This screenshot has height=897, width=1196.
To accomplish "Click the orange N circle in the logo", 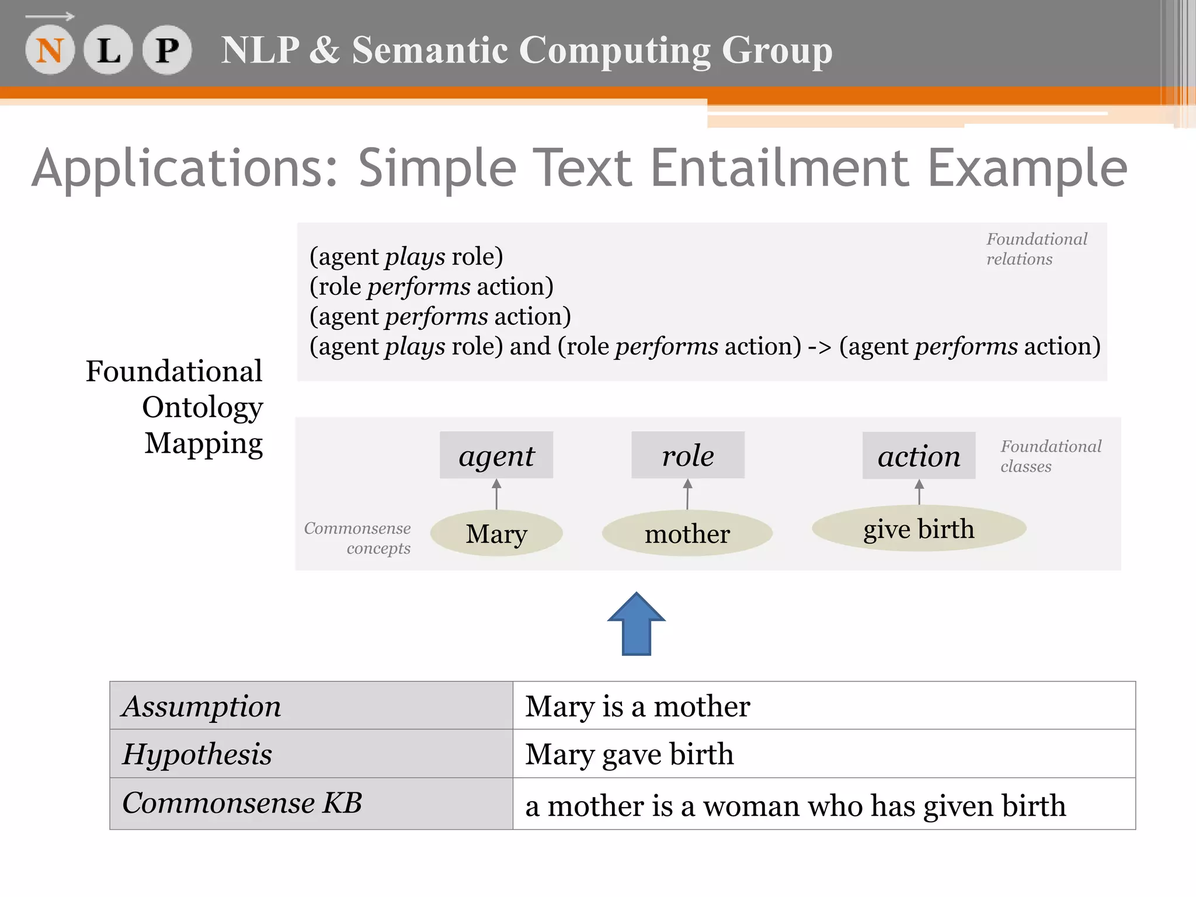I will [x=50, y=50].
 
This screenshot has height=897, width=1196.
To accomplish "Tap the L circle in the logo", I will [x=109, y=50].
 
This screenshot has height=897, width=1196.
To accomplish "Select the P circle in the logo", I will [x=167, y=50].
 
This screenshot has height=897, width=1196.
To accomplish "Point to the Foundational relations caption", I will [x=1037, y=249].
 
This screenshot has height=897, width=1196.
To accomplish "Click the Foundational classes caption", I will [x=1051, y=456].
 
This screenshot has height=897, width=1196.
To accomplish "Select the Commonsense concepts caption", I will [x=357, y=538].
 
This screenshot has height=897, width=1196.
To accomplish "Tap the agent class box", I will [x=496, y=456].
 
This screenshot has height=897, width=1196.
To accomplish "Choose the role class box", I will [x=688, y=456].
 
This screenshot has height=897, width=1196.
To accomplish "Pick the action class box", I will [x=919, y=456].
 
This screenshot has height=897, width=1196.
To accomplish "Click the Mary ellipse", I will [x=496, y=533].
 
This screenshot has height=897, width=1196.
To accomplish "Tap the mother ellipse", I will [x=687, y=533].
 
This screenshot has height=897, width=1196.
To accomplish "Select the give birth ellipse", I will [x=919, y=529].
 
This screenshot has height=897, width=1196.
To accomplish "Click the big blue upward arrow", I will [x=637, y=624].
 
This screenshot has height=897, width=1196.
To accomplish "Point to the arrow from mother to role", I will [x=687, y=494].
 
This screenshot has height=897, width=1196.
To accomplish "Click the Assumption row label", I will [x=201, y=706].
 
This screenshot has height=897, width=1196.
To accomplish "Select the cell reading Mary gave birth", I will [x=630, y=754].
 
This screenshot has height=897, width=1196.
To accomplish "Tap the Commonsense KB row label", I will [x=242, y=803].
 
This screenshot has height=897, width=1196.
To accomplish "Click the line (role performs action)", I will [x=432, y=287].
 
